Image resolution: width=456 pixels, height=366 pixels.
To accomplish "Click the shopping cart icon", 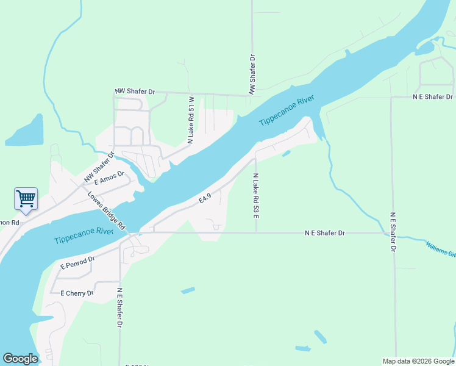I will tap(26, 199).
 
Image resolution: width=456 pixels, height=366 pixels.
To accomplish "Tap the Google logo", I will tap(20, 359).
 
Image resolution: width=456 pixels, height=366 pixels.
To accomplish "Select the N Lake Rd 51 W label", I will tap(191, 120).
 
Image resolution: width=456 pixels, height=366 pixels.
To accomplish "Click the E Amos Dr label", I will tap(110, 178).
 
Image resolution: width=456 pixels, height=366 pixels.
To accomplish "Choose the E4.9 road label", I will tap(205, 198).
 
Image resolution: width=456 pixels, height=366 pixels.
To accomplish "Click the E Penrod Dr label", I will tap(77, 263).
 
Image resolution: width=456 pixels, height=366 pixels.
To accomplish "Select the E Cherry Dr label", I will tap(77, 293).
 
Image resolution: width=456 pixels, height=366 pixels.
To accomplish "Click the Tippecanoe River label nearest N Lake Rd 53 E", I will tap(287, 111).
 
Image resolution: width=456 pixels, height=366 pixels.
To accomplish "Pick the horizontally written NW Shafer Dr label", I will tap(135, 91).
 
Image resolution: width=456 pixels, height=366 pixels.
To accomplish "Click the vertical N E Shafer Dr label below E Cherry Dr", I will tap(120, 307).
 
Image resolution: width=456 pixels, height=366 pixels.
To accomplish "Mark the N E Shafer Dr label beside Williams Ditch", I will tap(393, 232).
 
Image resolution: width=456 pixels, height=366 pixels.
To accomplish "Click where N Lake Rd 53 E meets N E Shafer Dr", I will tap(256, 232).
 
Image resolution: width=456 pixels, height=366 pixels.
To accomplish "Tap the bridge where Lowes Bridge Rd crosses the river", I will tap(133, 232).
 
